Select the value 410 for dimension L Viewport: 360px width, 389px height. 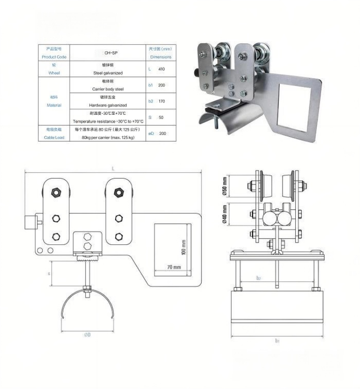pyautogui.click(x=162, y=69)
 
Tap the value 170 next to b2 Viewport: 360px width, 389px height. pyautogui.click(x=162, y=101)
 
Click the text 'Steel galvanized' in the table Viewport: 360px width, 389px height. pyautogui.click(x=108, y=73)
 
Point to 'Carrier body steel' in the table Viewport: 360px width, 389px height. pyautogui.click(x=108, y=89)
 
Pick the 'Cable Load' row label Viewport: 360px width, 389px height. pyautogui.click(x=54, y=138)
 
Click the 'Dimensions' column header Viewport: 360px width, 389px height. pyautogui.click(x=160, y=57)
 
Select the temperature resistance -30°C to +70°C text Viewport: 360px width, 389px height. pyautogui.click(x=108, y=121)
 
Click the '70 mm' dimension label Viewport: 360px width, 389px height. pyautogui.click(x=174, y=267)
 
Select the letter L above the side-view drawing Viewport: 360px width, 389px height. pyautogui.click(x=113, y=169)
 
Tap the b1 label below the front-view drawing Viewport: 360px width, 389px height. pyautogui.click(x=278, y=340)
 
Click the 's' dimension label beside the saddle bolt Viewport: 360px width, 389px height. pyautogui.click(x=48, y=273)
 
